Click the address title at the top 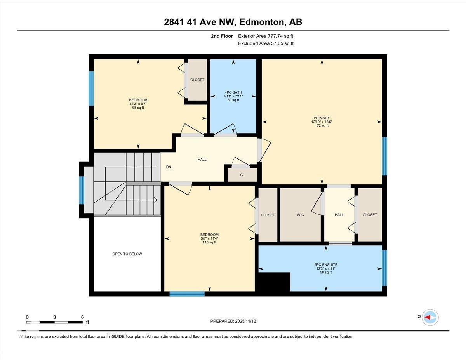coord(233,22)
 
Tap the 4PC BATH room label coord(233,92)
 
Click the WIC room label coord(300,215)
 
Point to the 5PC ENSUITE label coord(325,265)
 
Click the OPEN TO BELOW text coord(127,254)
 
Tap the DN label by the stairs coord(169,167)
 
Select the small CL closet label coord(242,175)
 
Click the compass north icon coord(430,317)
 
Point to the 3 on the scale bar coord(54,317)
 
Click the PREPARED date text coord(233,321)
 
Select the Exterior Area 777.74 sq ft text coord(266,36)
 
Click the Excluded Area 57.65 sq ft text coord(266,43)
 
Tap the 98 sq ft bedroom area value coord(138,108)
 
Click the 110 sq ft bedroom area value coord(209,242)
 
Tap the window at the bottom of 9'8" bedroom coord(187,294)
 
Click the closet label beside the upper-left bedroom coord(197,80)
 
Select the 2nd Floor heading coord(222,36)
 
